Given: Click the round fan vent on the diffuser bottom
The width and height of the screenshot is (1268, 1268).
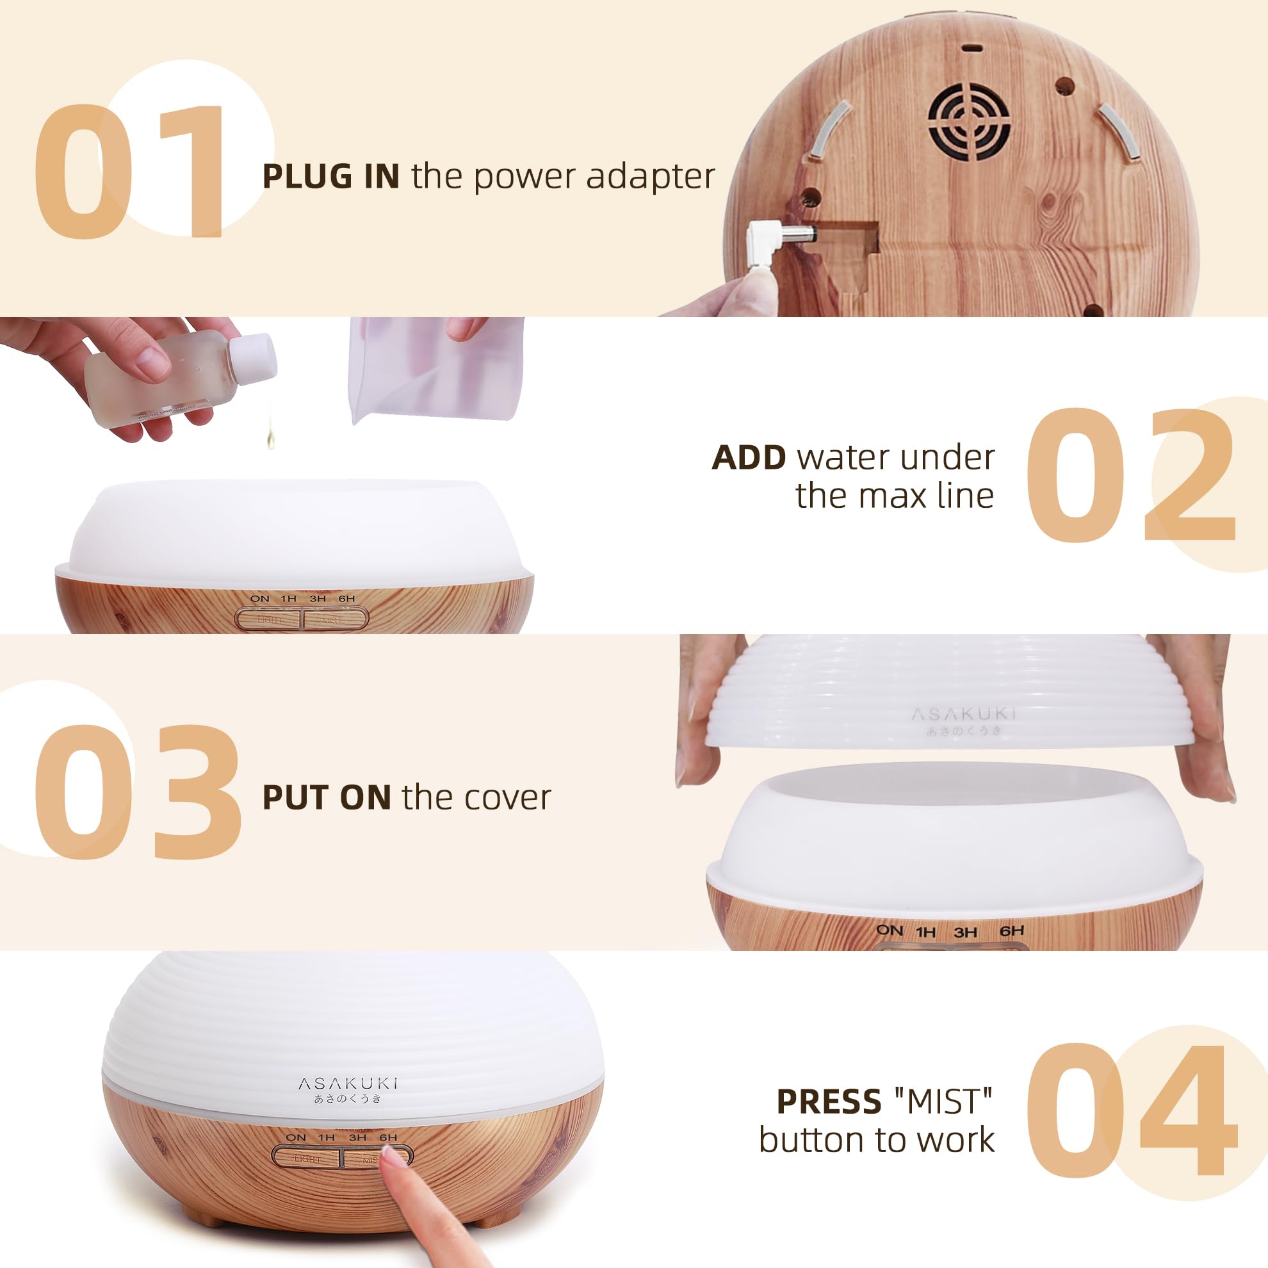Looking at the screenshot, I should (969, 122).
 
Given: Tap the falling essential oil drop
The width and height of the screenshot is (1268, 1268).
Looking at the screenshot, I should (270, 439).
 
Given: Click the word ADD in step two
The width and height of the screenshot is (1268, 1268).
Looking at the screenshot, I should (748, 457).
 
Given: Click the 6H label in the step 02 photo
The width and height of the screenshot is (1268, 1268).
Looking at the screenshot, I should (346, 599).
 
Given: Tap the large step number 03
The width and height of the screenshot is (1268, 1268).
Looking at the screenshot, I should (136, 792).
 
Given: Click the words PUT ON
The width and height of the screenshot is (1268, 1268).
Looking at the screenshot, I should (326, 798).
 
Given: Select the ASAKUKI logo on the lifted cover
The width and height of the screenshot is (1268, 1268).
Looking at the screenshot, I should (963, 714).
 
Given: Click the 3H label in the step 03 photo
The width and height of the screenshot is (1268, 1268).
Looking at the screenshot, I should (965, 932).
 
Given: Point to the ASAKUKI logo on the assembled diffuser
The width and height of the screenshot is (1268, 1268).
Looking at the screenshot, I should (347, 1084).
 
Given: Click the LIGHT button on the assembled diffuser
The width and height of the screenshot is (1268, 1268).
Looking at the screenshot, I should (306, 1160).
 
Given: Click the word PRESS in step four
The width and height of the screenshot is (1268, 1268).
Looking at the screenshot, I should (828, 1102).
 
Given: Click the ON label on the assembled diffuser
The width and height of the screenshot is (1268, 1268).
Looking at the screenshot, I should (296, 1137).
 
